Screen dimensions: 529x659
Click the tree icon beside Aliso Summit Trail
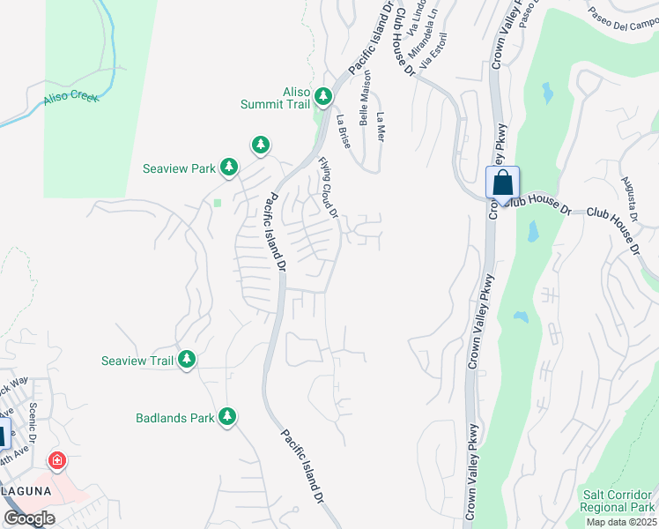pos(323,95)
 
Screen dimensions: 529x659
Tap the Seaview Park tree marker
pos(228,167)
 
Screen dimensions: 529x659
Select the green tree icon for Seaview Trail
pos(186,359)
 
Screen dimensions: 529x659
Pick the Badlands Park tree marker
pos(227,416)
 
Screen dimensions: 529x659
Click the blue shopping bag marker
pos(502,183)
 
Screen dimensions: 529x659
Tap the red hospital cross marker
pos(57,460)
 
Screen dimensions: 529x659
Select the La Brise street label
pos(344,130)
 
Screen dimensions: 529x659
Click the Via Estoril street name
pos(433,54)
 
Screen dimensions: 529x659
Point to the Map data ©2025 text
pos(621,522)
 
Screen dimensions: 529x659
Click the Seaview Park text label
pos(179,168)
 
